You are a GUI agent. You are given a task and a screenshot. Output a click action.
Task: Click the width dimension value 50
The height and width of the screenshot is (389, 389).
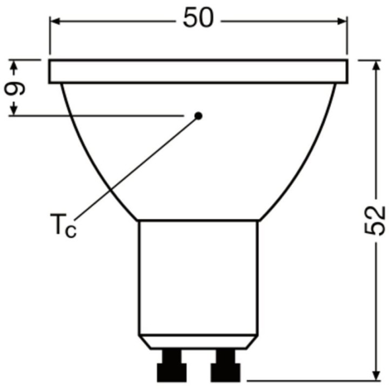point(198,19)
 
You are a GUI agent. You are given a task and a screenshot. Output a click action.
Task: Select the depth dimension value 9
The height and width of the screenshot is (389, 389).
point(16,88)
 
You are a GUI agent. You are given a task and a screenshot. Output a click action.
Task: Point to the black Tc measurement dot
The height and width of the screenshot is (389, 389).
point(198,115)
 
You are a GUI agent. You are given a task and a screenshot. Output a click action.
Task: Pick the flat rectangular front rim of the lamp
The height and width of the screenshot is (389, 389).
point(198,72)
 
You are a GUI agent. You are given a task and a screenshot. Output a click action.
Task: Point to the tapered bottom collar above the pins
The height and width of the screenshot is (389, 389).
point(198,341)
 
